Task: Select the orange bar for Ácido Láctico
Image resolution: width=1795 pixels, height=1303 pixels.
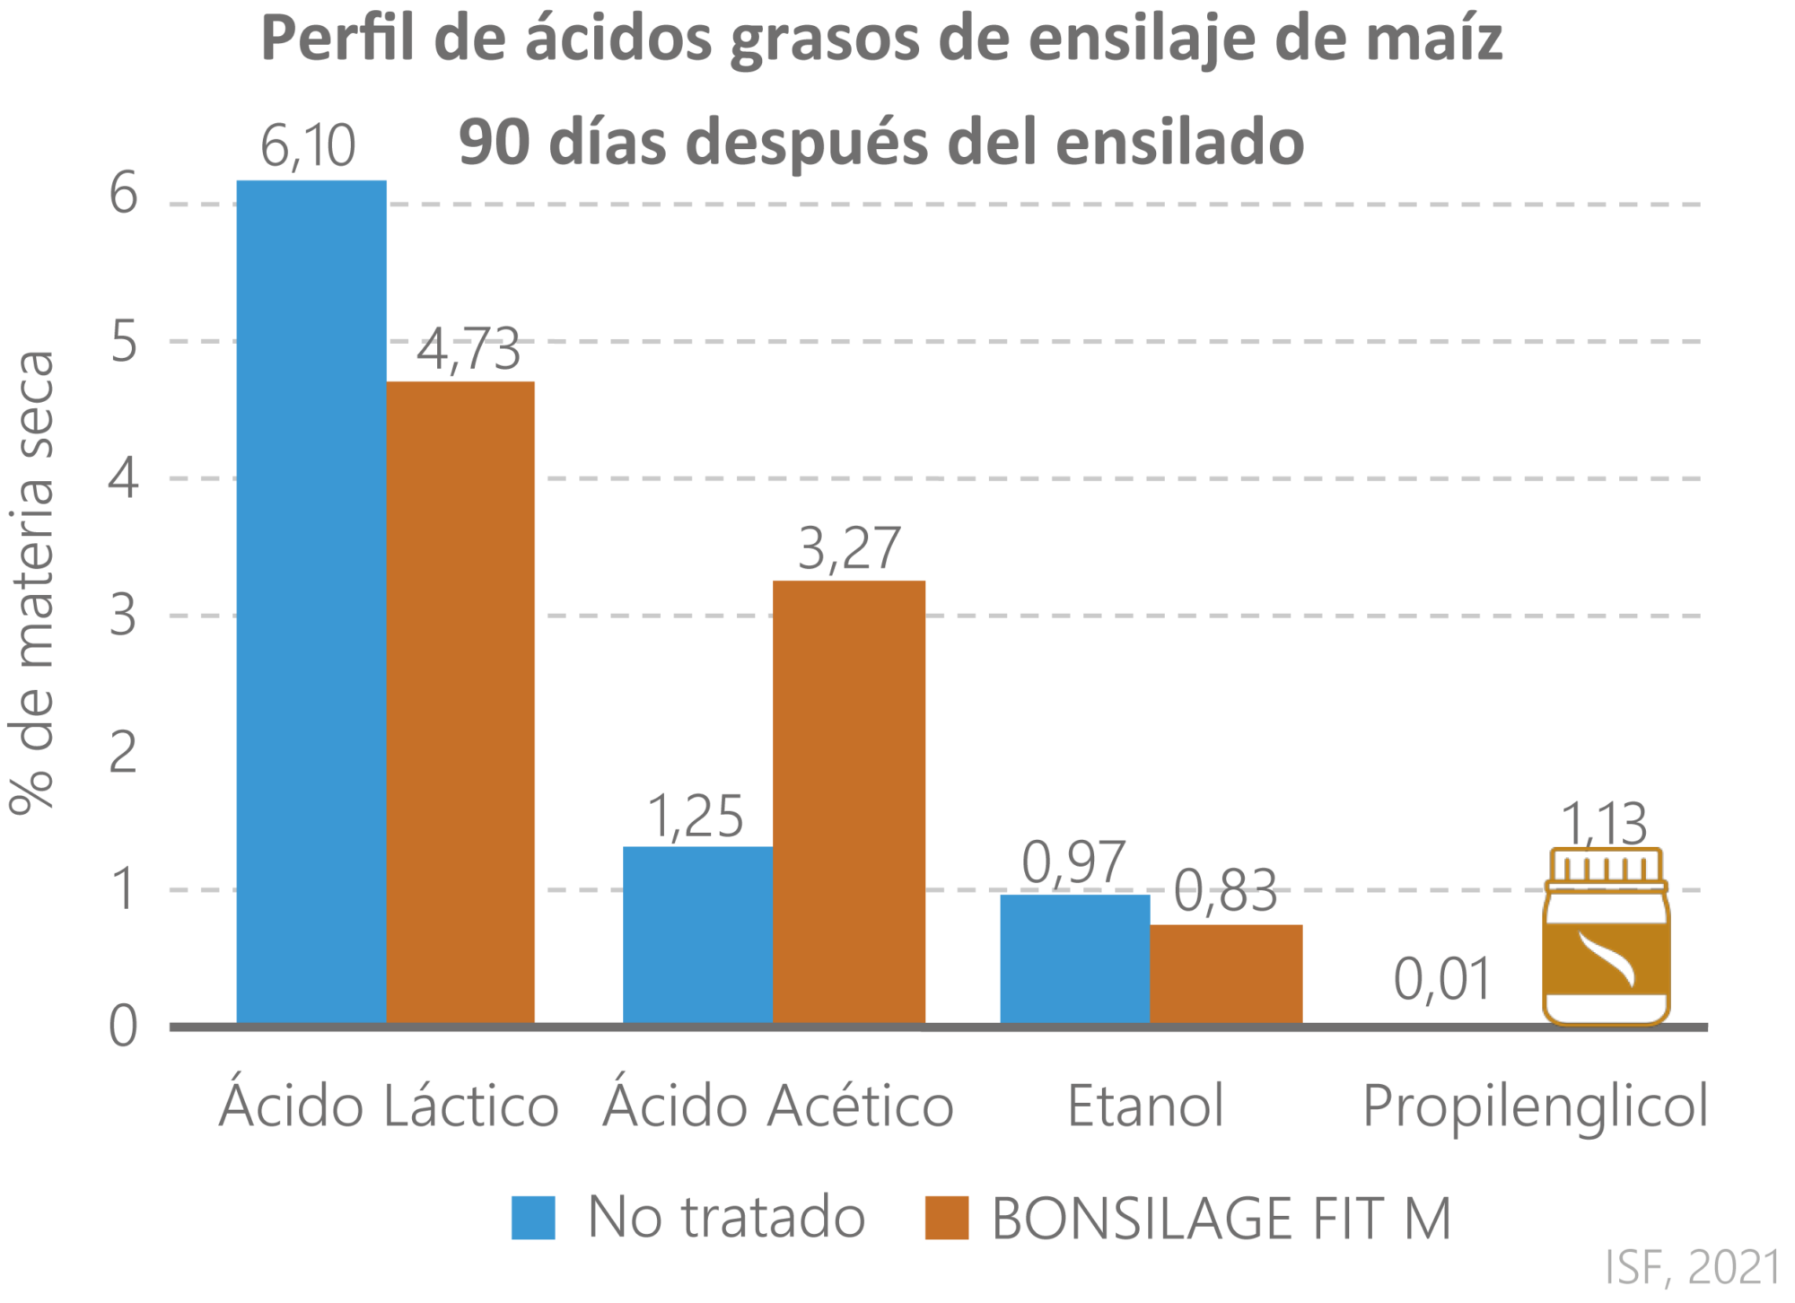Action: click(461, 700)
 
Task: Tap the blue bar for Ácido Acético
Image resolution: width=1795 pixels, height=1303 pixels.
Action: click(697, 933)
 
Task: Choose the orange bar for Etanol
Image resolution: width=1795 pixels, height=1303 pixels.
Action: click(1226, 973)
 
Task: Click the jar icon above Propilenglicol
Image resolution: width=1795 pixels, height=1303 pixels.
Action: click(1606, 938)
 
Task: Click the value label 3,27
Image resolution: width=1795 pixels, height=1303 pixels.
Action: click(849, 548)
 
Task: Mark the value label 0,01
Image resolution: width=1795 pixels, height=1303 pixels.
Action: click(1441, 979)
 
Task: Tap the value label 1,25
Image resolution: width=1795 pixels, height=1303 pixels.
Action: click(696, 817)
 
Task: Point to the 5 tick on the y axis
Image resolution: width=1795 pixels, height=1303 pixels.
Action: click(123, 342)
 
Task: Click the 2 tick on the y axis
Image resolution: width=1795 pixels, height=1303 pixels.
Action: click(123, 752)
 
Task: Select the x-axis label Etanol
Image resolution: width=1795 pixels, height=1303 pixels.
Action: click(1146, 1105)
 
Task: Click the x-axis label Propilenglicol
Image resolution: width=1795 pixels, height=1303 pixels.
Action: click(1535, 1105)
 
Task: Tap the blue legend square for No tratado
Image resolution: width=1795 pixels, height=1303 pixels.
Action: click(533, 1218)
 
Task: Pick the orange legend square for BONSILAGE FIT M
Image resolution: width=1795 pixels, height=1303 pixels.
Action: click(947, 1218)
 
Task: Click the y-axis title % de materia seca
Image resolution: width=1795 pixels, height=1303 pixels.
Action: click(33, 583)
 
